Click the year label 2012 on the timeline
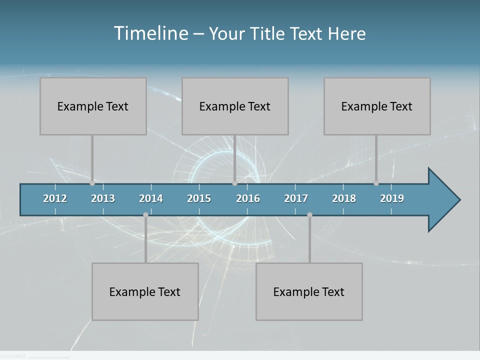pyautogui.click(x=55, y=198)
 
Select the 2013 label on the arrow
pyautogui.click(x=103, y=198)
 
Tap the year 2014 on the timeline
pyautogui.click(x=151, y=198)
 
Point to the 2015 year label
pyautogui.click(x=199, y=198)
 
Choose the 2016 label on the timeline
pyautogui.click(x=248, y=198)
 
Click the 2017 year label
pyautogui.click(x=296, y=198)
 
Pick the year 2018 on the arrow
pyautogui.click(x=344, y=198)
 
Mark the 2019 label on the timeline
pyautogui.click(x=392, y=198)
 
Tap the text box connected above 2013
pyautogui.click(x=93, y=106)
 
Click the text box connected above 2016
pyautogui.click(x=235, y=106)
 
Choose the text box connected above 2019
pyautogui.click(x=377, y=106)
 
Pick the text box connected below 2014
pyautogui.click(x=145, y=291)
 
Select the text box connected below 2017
pyautogui.click(x=309, y=291)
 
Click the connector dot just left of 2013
pyautogui.click(x=92, y=183)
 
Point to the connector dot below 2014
pyautogui.click(x=145, y=215)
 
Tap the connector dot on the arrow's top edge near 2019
pyautogui.click(x=376, y=183)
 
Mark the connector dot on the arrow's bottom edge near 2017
pyautogui.click(x=309, y=215)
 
